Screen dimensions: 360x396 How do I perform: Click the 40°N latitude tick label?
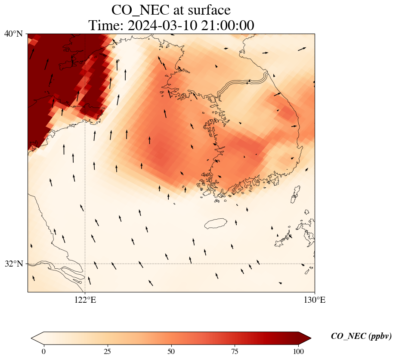point(13,34)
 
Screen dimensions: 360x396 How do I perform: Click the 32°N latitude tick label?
point(13,264)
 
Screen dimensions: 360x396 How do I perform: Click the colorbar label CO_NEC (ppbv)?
point(361,336)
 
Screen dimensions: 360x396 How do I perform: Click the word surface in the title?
point(207,10)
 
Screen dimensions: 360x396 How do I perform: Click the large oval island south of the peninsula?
point(216,223)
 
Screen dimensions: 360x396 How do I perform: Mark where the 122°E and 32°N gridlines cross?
point(85,264)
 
